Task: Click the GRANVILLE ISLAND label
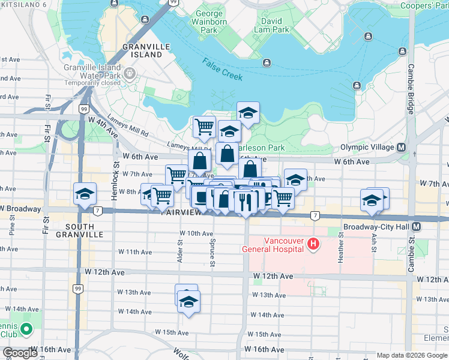[142, 50]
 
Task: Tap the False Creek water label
[222, 69]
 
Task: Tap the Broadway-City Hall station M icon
[417, 227]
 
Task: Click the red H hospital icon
[312, 244]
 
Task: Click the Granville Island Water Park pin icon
[130, 74]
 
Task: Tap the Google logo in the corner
[20, 353]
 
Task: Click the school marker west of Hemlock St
[85, 193]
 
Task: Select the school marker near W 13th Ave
[188, 301]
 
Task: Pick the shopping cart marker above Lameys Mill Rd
[204, 126]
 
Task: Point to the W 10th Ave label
[196, 233]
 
